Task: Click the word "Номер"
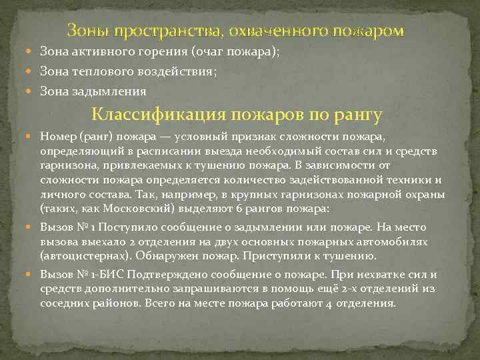pos(57,137)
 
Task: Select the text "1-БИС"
pos(103,275)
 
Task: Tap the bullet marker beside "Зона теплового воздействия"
pos(32,71)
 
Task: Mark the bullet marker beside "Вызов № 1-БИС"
pos(32,275)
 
